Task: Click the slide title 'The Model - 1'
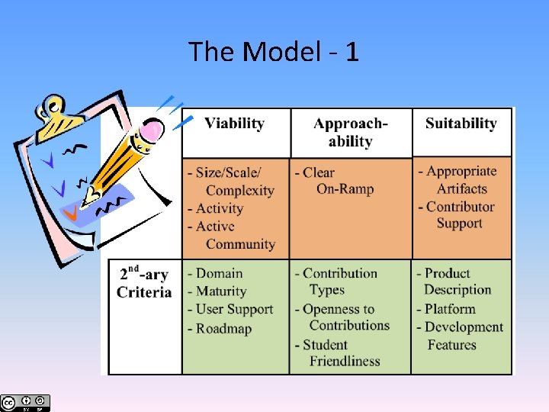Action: pyautogui.click(x=274, y=52)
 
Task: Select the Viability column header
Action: pyautogui.click(x=234, y=124)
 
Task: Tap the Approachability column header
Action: pyautogui.click(x=351, y=132)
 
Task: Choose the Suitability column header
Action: pyautogui.click(x=461, y=124)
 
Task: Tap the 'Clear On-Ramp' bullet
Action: pyautogui.click(x=336, y=181)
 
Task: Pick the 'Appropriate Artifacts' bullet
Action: pyautogui.click(x=457, y=179)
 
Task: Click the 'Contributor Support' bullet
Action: pyautogui.click(x=457, y=214)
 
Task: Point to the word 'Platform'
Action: pyautogui.click(x=450, y=309)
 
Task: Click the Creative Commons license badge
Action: pyautogui.click(x=25, y=402)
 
